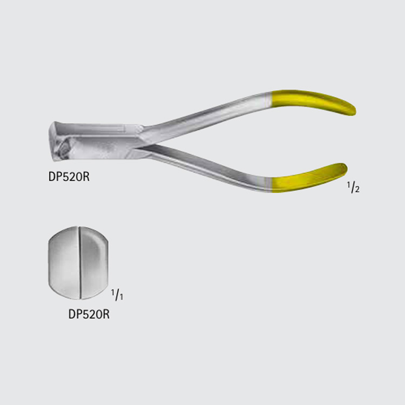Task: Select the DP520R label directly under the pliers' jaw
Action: click(69, 177)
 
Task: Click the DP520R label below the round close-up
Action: click(89, 314)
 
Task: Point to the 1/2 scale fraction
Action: click(353, 187)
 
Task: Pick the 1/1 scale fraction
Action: click(117, 295)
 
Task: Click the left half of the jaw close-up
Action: click(64, 263)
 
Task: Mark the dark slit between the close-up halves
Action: click(80, 263)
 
